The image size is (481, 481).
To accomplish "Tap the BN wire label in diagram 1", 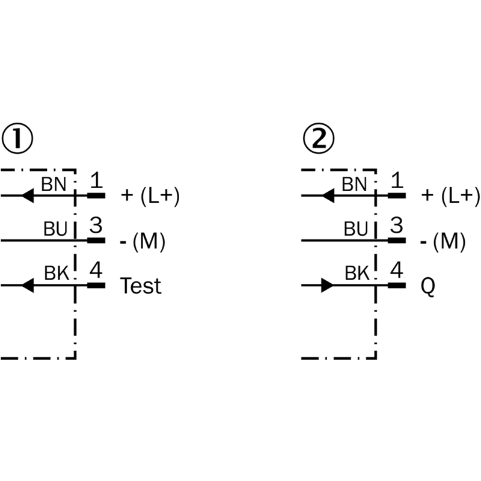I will coord(54,183).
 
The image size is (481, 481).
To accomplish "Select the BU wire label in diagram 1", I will coord(55,228).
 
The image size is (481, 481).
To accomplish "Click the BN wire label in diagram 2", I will coord(354,183).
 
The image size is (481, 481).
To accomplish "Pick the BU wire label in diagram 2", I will coord(355,228).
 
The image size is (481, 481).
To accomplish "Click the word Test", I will coord(141,286).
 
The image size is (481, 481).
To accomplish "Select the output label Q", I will coord(428,287).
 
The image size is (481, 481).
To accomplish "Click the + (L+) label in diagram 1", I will coord(150,196).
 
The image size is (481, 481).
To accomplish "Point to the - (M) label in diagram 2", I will coord(443,241).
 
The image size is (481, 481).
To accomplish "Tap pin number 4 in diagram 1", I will coord(96,270).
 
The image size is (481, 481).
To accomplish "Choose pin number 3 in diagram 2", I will coord(396,225).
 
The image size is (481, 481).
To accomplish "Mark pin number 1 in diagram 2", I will coord(396,180).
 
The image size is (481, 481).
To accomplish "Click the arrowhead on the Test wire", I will coord(26,285).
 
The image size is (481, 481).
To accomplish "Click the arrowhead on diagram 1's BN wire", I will coord(26,195).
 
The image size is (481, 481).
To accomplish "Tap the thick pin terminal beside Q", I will coord(396,285).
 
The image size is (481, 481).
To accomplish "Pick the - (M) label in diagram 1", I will coord(142,241).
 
